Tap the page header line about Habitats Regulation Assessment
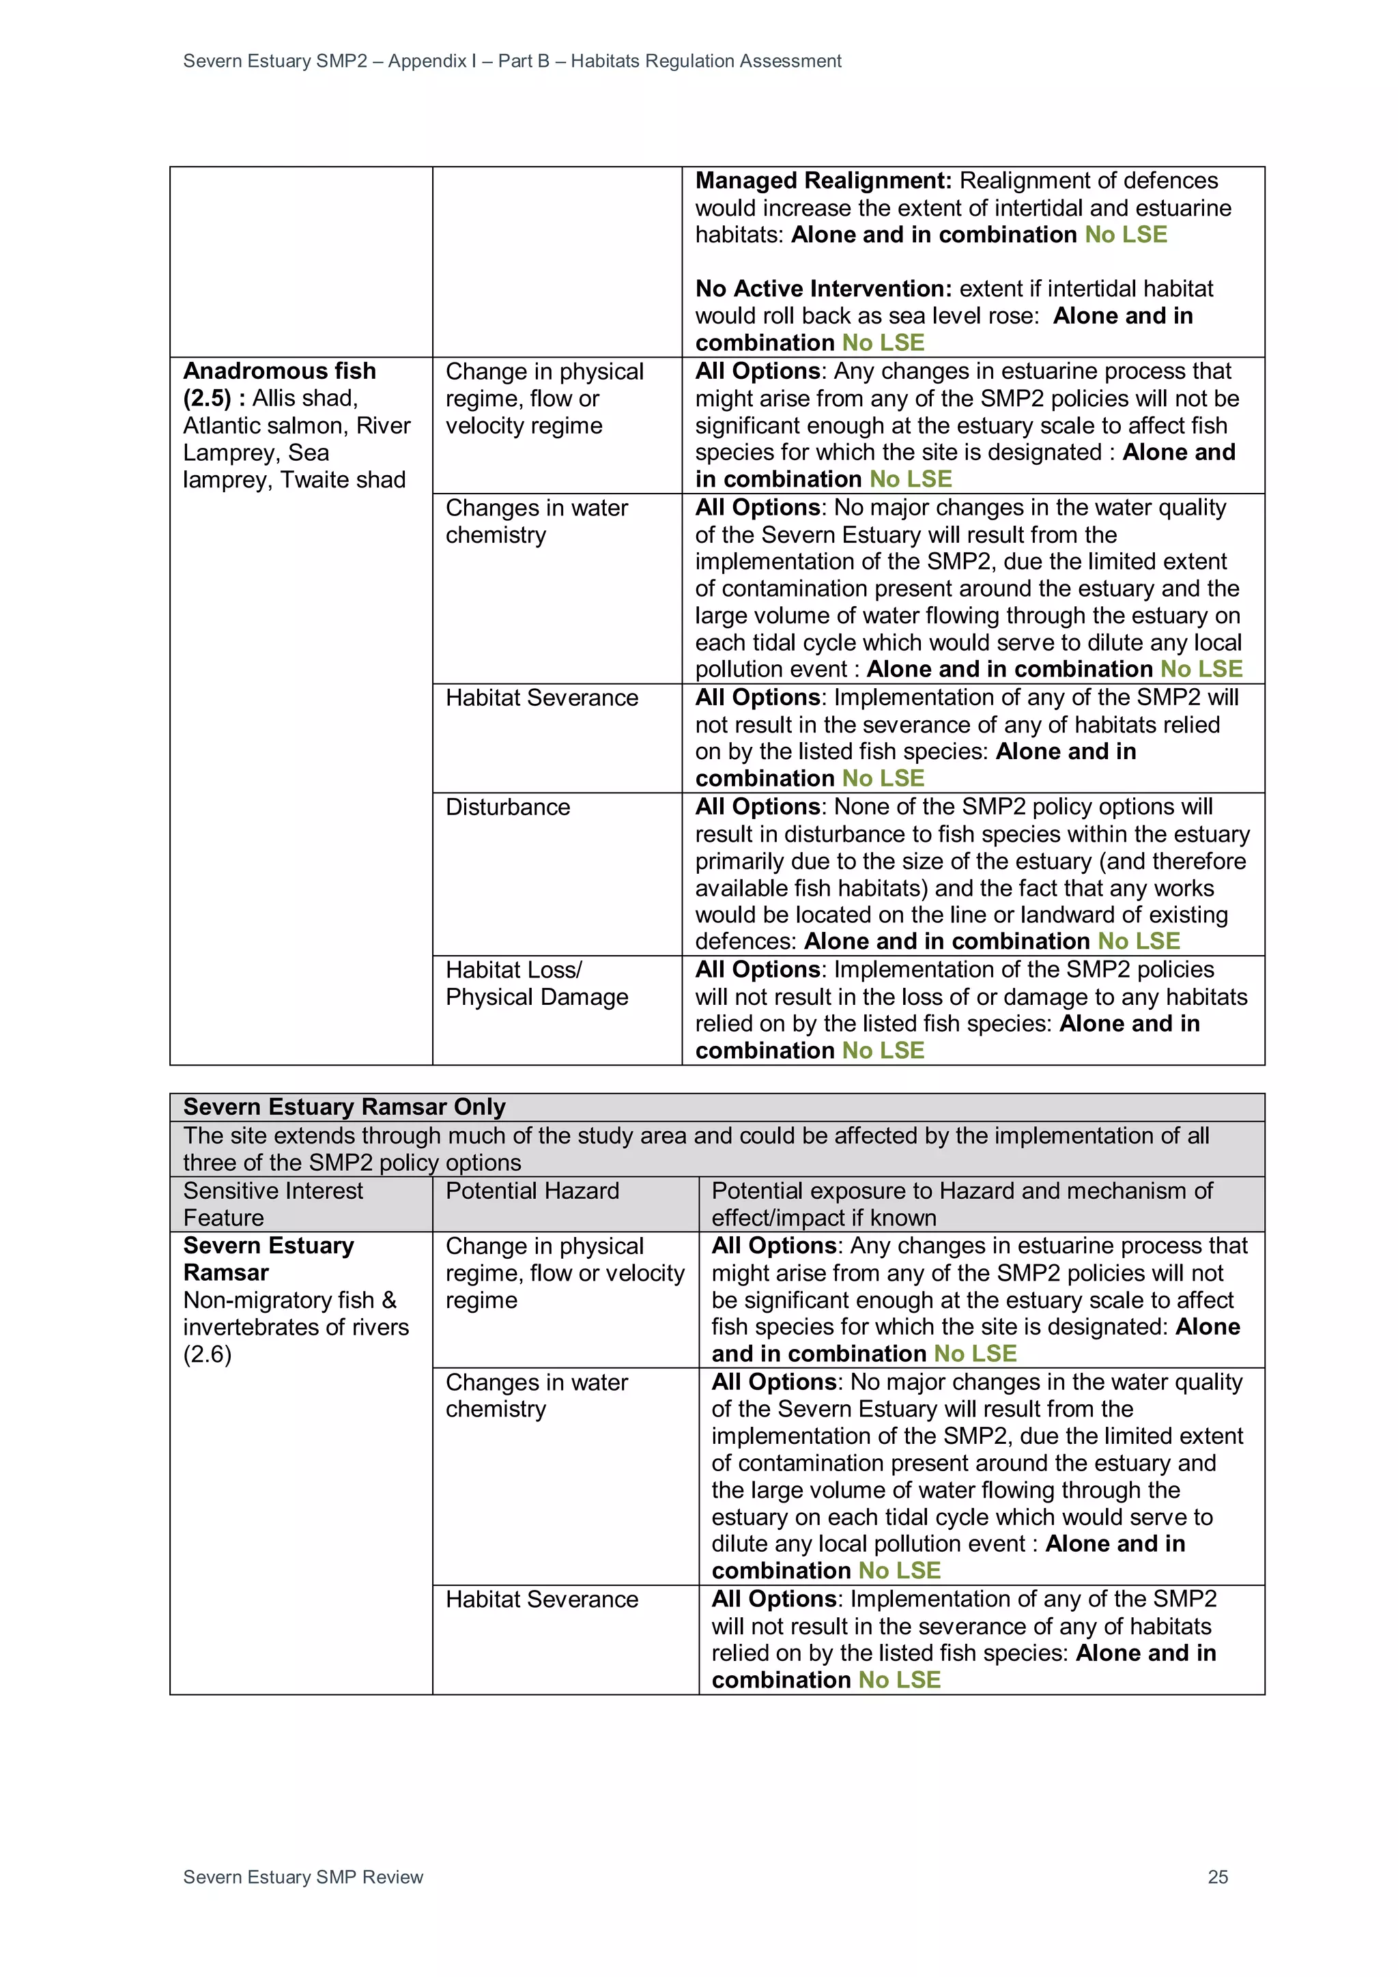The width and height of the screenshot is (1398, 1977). coord(512,61)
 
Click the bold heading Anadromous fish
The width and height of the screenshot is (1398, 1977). coord(280,371)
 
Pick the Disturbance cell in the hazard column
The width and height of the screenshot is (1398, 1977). coord(508,808)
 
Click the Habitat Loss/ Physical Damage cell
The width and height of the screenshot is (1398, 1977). coord(537,983)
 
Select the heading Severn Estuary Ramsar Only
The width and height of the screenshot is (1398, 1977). coord(344,1107)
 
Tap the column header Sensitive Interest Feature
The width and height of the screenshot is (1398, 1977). coord(273,1204)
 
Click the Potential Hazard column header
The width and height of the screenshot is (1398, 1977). coord(532,1191)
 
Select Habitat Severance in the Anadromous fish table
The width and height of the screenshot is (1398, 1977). coord(541,698)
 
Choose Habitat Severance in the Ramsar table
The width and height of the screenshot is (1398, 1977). coord(541,1600)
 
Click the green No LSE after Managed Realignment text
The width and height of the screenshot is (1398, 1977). coord(1126,235)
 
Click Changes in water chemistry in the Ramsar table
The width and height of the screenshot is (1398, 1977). coord(537,1396)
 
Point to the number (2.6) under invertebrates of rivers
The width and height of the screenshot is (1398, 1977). coord(208,1354)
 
